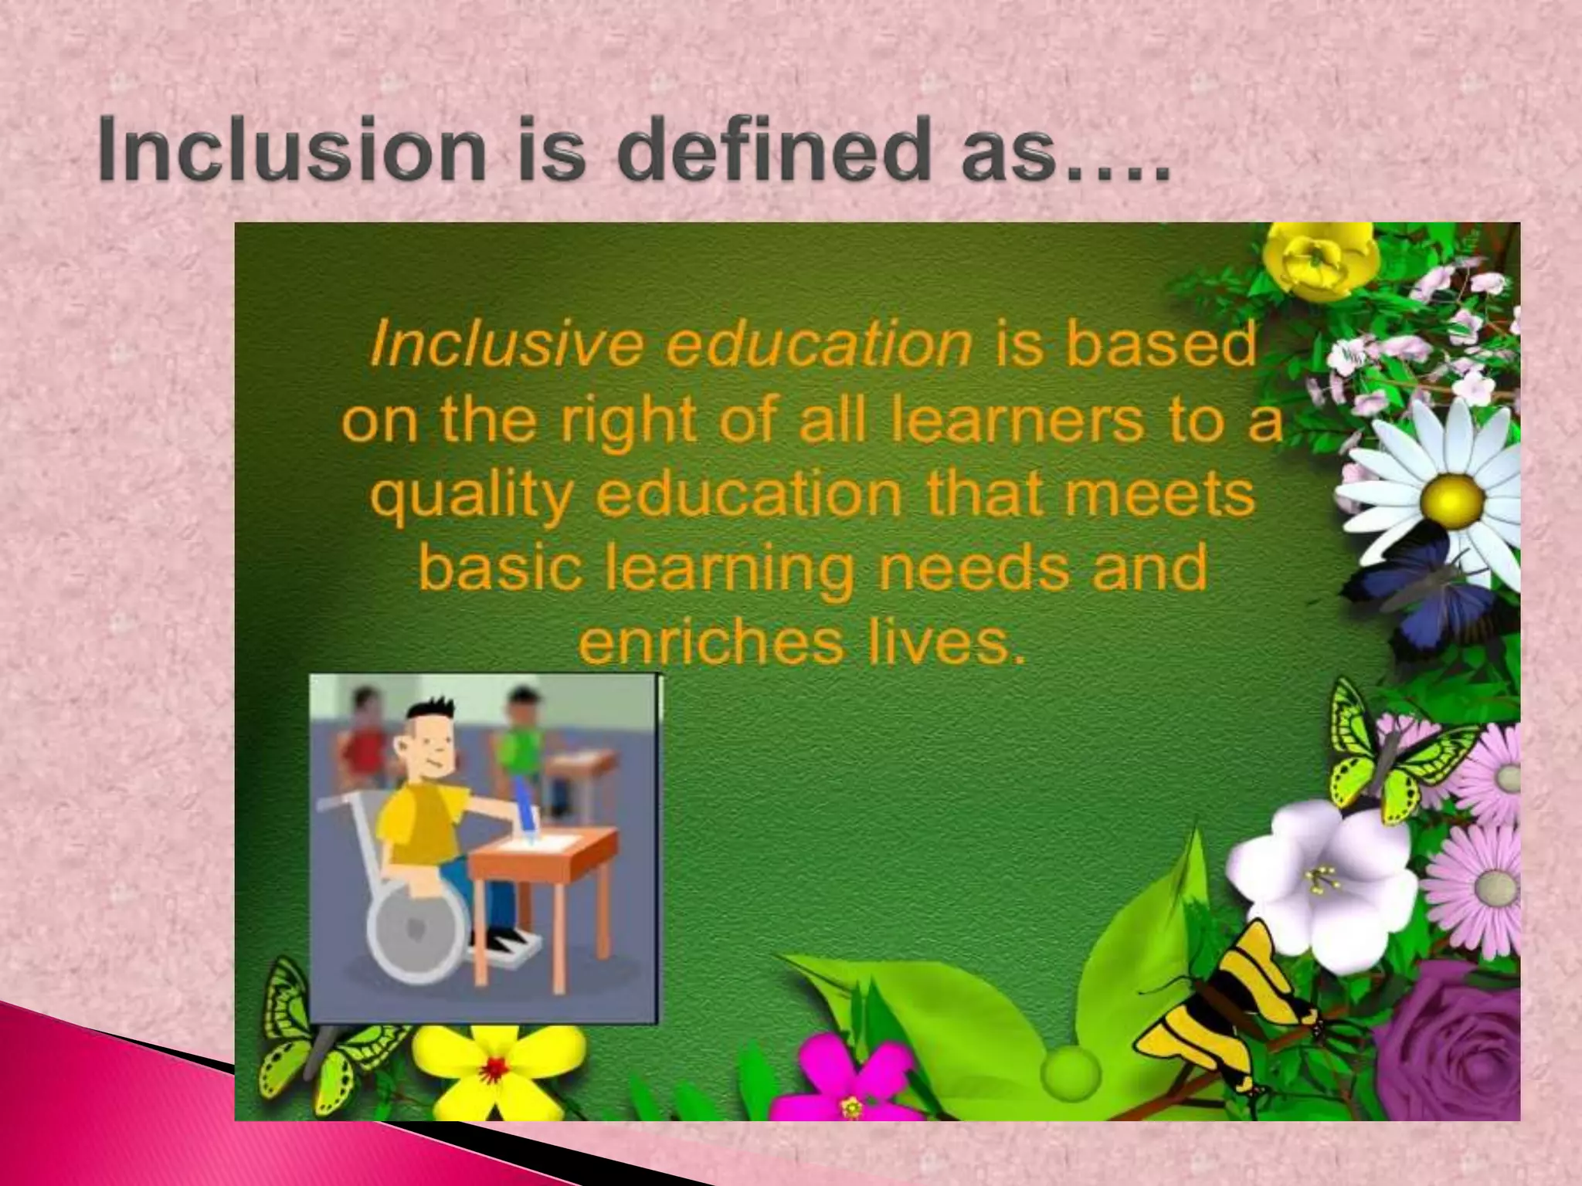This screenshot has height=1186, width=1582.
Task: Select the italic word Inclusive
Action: click(x=506, y=344)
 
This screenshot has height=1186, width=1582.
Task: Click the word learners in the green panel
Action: click(x=1016, y=421)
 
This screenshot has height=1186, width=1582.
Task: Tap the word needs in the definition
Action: click(x=977, y=568)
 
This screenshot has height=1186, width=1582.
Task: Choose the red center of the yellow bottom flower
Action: click(x=495, y=1069)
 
